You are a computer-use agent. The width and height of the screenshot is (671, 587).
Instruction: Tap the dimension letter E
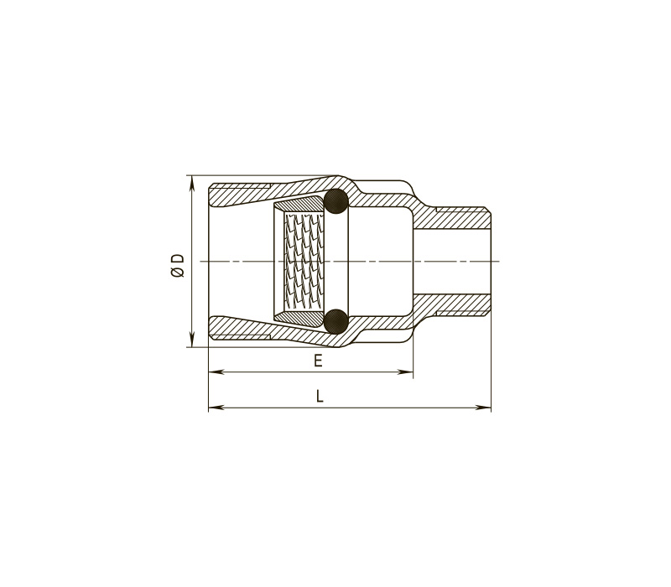[x=318, y=361]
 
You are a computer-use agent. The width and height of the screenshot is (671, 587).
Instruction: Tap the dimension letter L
[x=320, y=397]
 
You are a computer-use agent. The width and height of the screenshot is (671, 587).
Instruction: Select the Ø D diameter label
[x=178, y=265]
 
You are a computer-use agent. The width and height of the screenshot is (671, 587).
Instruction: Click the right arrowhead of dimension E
[x=406, y=371]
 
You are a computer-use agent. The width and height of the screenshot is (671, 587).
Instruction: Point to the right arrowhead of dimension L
[x=484, y=408]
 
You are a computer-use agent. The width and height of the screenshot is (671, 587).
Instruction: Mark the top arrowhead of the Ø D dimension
[x=192, y=183]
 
